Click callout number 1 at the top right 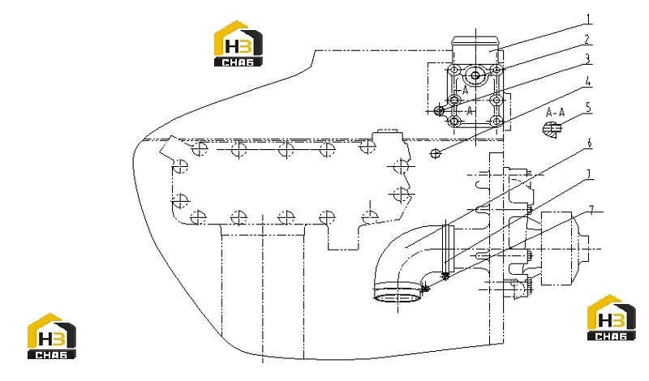[x=589, y=19]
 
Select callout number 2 [x=587, y=39]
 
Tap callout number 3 [x=587, y=59]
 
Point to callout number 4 [x=587, y=81]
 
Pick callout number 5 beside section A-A [x=588, y=109]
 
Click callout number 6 [x=590, y=143]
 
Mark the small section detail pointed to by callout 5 [x=552, y=129]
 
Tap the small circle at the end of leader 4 [x=436, y=153]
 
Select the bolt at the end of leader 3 [x=439, y=110]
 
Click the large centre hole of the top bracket [x=475, y=75]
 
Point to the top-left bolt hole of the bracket [x=454, y=70]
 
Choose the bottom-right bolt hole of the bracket [x=496, y=122]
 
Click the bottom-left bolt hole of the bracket [x=454, y=122]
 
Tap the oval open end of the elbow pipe [x=398, y=297]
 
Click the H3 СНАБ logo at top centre [x=238, y=44]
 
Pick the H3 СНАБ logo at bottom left [x=52, y=336]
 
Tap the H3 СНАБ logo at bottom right [x=612, y=317]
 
